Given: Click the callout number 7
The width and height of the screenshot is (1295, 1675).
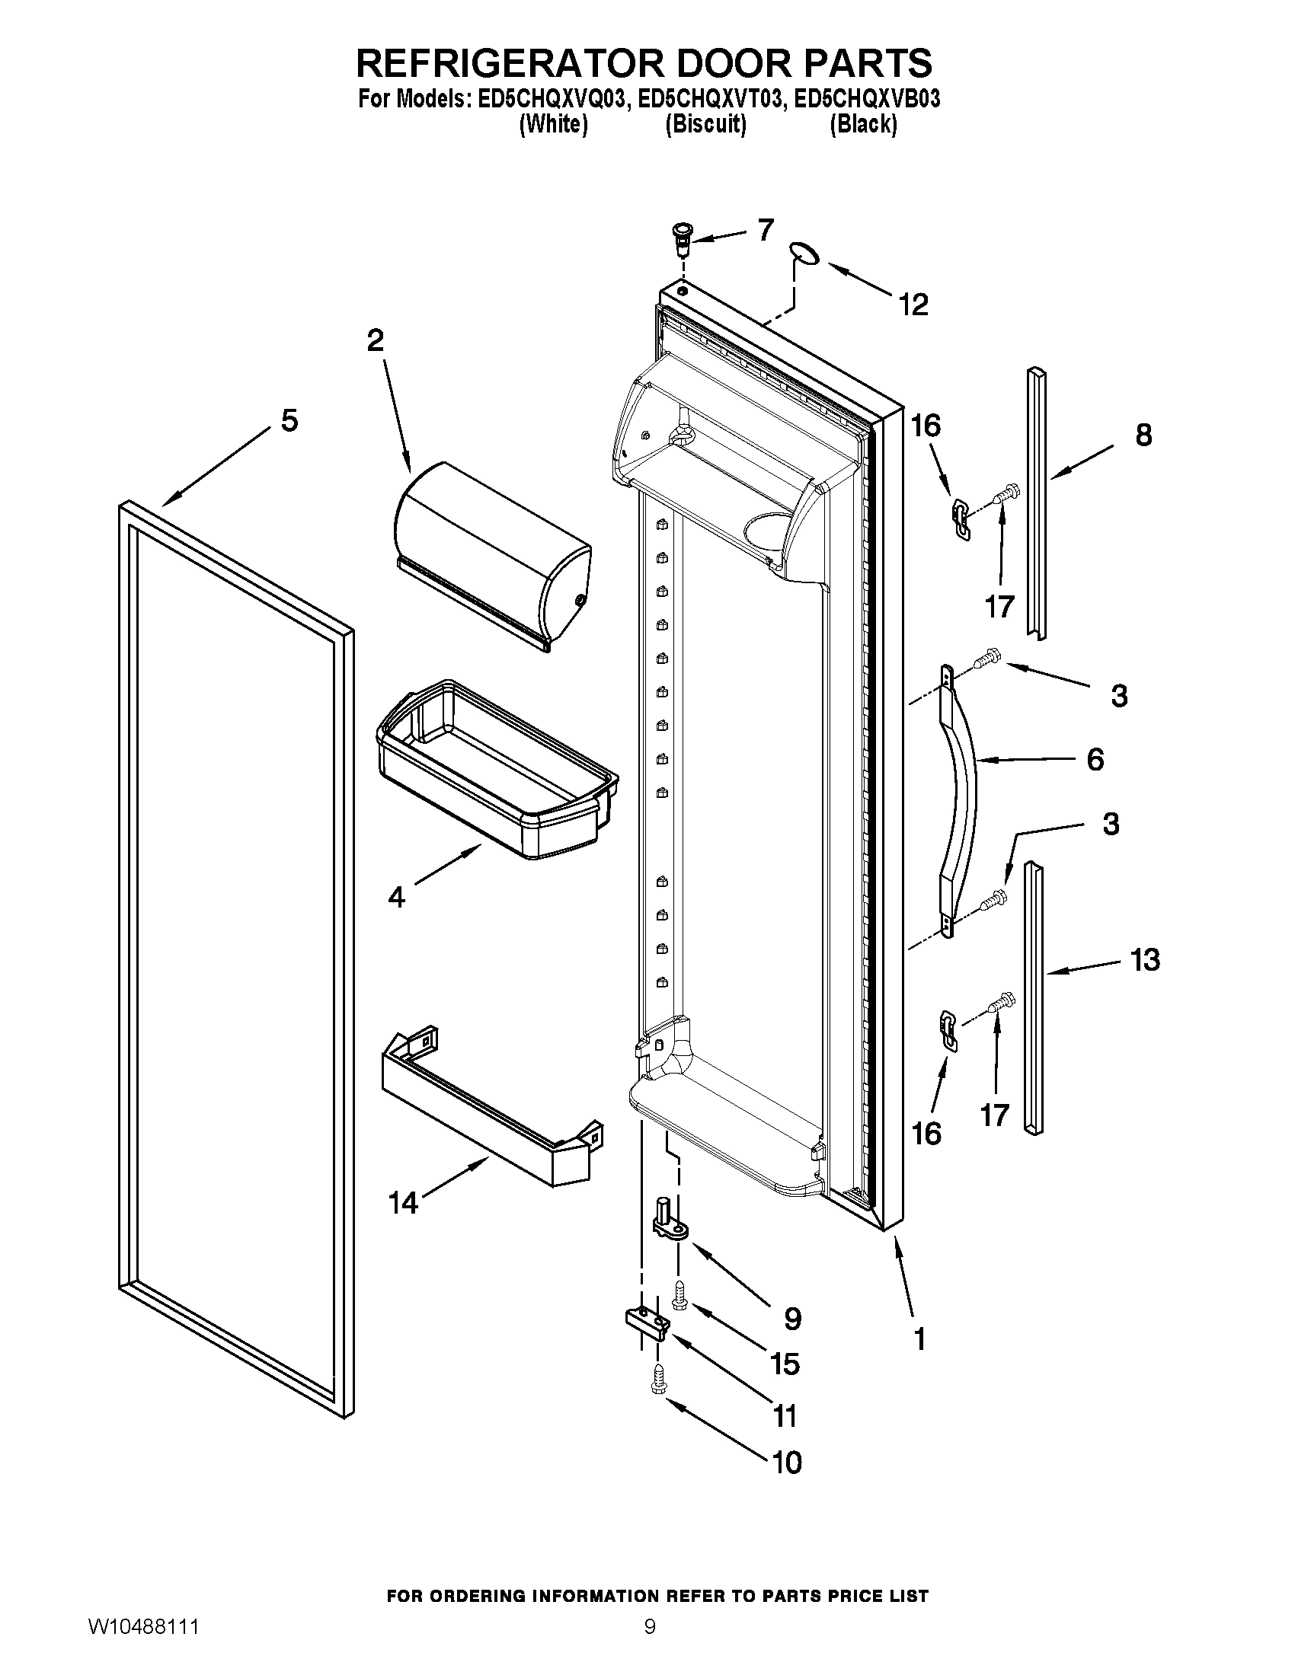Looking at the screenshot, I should tap(765, 230).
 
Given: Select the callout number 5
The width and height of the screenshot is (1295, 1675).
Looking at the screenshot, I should tap(289, 420).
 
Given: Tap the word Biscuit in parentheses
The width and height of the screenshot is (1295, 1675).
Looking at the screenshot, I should tap(705, 124).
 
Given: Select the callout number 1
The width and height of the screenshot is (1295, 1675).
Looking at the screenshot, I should tap(920, 1339).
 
